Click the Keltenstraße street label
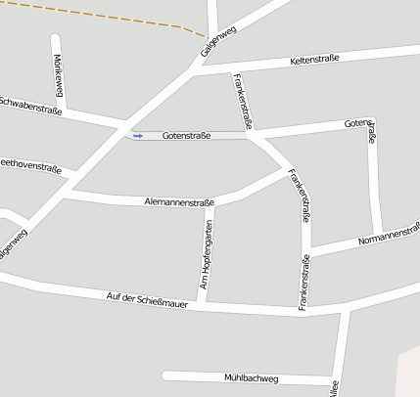[314, 61]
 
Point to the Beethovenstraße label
[29, 165]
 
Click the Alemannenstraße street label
[178, 202]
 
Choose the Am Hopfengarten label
[207, 254]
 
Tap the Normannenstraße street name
[389, 233]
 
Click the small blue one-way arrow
[138, 136]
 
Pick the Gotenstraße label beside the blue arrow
[186, 135]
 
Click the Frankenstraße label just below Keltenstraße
[245, 101]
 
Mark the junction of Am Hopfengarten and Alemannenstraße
[210, 203]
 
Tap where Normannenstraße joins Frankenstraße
[306, 252]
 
